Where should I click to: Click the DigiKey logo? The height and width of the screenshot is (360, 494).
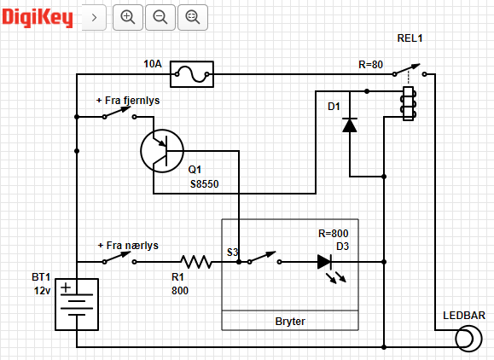(38, 18)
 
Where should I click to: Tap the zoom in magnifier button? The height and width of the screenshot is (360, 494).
(128, 17)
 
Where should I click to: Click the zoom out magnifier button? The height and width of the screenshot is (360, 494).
(160, 17)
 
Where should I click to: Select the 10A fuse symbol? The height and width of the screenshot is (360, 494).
(192, 74)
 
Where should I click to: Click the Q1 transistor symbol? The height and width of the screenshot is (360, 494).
(162, 151)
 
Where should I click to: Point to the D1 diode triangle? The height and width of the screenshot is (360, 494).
(350, 125)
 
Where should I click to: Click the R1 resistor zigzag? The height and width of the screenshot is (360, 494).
(195, 262)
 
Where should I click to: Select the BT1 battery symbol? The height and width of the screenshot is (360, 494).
(77, 305)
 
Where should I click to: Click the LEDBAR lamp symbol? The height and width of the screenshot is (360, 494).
(468, 339)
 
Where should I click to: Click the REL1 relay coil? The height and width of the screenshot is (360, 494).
(409, 103)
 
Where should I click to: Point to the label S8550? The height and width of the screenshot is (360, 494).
(205, 184)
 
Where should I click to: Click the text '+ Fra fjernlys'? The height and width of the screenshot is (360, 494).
(128, 101)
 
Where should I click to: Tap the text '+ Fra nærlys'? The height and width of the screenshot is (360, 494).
(128, 246)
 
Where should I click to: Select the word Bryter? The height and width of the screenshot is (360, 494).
(290, 322)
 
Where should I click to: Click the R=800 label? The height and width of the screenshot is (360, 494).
(334, 234)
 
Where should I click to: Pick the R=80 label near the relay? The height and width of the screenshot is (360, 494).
(371, 65)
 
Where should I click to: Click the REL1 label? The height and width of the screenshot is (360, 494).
(410, 38)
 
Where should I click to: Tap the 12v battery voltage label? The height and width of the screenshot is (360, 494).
(42, 291)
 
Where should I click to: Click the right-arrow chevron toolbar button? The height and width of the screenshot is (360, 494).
(94, 17)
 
